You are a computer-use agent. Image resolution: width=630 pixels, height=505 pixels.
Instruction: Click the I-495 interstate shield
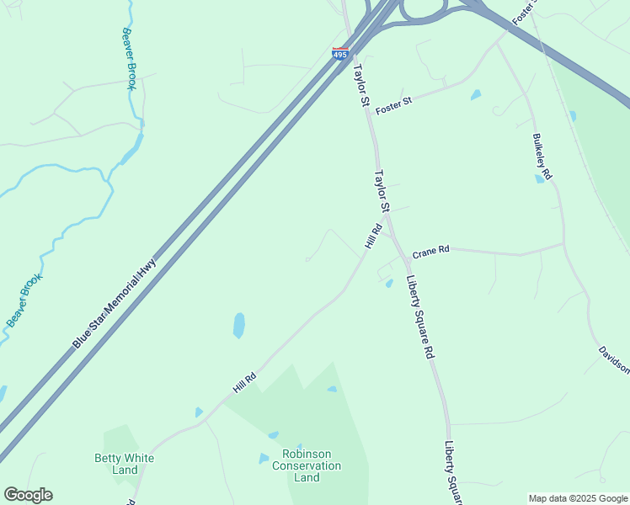pos(340,54)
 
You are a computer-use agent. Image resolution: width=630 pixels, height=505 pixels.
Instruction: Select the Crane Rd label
pos(430,251)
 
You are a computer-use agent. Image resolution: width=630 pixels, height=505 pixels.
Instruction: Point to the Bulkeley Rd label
pos(542,157)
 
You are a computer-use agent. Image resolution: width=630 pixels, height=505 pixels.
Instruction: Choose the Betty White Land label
pos(124,464)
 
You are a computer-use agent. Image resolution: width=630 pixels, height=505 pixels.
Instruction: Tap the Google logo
pos(28,495)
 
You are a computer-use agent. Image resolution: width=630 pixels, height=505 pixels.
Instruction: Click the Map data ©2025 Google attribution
pos(578,498)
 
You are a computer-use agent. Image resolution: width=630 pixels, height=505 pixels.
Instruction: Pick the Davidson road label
pos(614,359)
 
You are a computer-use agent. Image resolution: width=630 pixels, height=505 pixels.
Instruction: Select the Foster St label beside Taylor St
pos(393,105)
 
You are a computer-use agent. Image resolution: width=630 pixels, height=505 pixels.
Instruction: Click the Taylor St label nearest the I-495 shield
pos(361,85)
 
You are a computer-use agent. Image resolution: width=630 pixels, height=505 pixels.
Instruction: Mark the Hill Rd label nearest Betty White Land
pos(244,382)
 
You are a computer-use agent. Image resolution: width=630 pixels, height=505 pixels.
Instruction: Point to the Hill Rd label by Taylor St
pos(373,236)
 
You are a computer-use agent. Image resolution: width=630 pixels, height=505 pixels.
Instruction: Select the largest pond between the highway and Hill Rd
pos(239,325)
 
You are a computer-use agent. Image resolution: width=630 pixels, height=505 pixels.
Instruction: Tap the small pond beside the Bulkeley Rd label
pos(539,178)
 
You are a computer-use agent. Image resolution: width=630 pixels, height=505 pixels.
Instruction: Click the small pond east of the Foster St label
pos(476,95)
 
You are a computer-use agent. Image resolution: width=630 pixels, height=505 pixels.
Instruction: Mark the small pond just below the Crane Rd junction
pos(389,284)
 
